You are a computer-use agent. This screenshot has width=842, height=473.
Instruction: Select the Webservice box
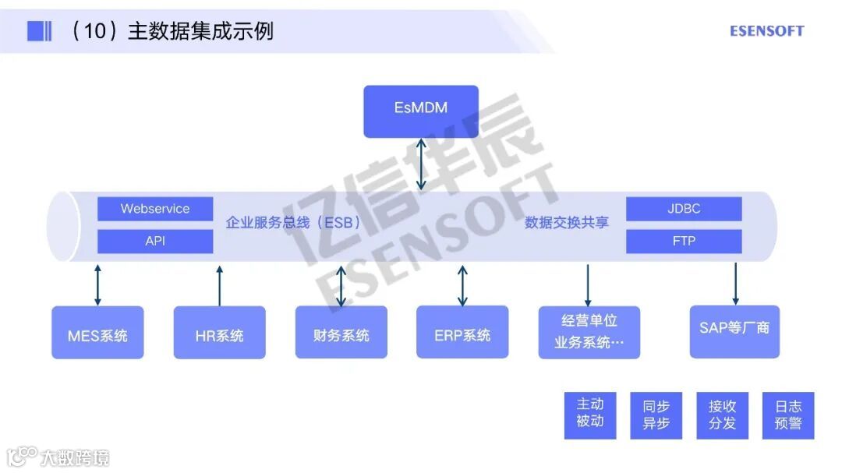[x=155, y=209]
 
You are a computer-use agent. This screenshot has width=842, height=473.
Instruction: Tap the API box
[x=155, y=242]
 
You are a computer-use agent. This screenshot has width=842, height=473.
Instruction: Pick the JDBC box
[x=684, y=209]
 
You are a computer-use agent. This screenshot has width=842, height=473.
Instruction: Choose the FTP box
[x=684, y=242]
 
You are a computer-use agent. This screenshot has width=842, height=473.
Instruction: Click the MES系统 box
[x=97, y=333]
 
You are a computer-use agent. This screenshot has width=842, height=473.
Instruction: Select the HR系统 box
[x=219, y=333]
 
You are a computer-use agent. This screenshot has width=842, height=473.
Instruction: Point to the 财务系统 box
[x=341, y=333]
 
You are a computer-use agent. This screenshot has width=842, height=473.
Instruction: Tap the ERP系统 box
[x=462, y=333]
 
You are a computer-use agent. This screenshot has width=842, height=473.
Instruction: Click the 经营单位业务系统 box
[x=589, y=333]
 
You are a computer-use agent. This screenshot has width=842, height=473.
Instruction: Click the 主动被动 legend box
[x=590, y=415]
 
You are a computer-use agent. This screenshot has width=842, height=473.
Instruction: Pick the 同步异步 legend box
[x=656, y=415]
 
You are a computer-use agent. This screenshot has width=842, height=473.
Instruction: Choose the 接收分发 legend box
[x=723, y=415]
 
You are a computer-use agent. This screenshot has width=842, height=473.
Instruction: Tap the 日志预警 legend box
[x=788, y=415]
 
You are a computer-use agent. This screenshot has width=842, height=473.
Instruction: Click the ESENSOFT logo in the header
[x=766, y=31]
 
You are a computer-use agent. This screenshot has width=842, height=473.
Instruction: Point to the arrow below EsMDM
[x=421, y=164]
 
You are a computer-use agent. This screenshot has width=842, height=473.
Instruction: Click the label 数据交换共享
[x=567, y=223]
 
